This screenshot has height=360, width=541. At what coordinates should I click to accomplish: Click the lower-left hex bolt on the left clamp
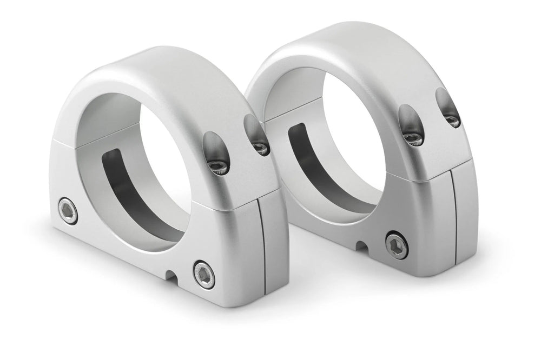tap(68, 211)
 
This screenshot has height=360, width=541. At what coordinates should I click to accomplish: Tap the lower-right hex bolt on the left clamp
tap(204, 275)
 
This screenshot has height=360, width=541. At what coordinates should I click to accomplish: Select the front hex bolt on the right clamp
tap(397, 246)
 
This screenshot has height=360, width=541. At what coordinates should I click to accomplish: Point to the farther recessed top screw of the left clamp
tap(261, 147)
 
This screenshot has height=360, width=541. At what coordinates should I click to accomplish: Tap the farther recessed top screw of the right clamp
tap(452, 121)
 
